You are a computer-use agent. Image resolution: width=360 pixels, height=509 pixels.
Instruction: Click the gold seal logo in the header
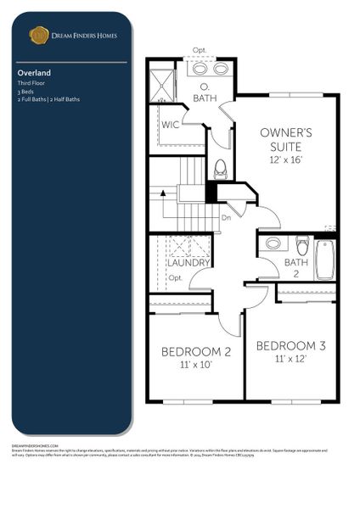pyautogui.click(x=38, y=35)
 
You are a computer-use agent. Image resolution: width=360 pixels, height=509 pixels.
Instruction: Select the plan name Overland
pyautogui.click(x=31, y=73)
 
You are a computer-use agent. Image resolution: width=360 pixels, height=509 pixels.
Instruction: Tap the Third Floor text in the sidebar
pyautogui.click(x=31, y=83)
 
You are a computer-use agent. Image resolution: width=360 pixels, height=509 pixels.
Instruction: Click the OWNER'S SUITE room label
pyautogui.click(x=286, y=139)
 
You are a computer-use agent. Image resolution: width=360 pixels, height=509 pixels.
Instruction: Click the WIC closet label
pyautogui.click(x=170, y=124)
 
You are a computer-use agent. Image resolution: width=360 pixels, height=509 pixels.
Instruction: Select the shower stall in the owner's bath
pyautogui.click(x=160, y=82)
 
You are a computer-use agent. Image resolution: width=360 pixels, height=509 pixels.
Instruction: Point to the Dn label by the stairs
pyautogui.click(x=226, y=217)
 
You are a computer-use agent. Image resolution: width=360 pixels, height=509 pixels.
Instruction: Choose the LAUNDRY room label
pyautogui.click(x=188, y=262)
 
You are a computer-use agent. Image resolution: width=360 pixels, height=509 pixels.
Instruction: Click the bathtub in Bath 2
pyautogui.click(x=325, y=260)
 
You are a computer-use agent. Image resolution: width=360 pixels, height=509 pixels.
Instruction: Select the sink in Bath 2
pyautogui.click(x=273, y=243)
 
